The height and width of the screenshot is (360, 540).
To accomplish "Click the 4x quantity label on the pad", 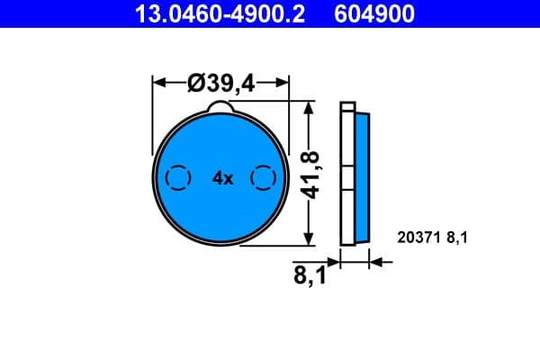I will [222, 179].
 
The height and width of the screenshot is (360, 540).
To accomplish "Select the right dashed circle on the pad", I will [263, 178].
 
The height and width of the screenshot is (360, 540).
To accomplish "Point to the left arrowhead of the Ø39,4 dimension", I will [159, 83].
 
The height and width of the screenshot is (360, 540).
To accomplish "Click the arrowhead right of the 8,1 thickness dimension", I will [376, 263].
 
